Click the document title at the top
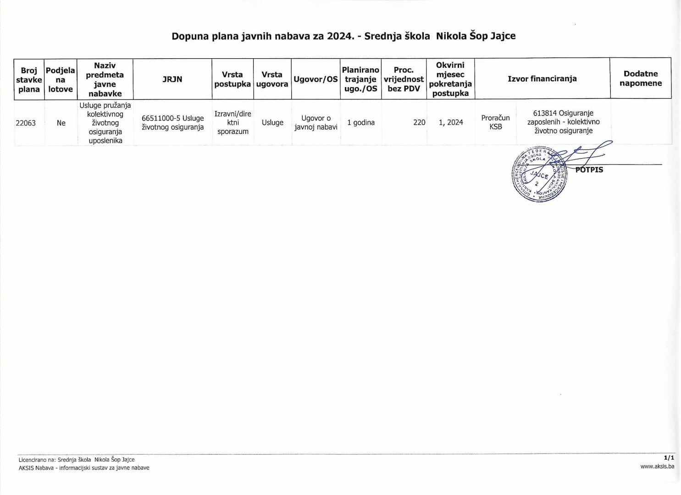(343, 36)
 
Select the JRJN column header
(172, 79)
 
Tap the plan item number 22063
(26, 123)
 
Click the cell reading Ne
(61, 123)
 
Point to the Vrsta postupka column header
(233, 79)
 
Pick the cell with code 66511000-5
(172, 122)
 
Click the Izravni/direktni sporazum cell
(233, 122)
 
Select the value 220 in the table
(419, 122)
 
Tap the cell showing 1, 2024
(451, 122)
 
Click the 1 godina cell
(361, 122)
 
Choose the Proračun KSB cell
(495, 122)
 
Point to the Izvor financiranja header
(542, 79)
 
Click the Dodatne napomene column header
(641, 78)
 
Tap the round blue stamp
(539, 175)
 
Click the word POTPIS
(589, 170)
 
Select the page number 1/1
(669, 458)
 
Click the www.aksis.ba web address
(657, 467)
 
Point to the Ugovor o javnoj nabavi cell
(316, 122)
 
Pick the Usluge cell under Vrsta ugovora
(272, 122)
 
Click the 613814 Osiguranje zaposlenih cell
(563, 122)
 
